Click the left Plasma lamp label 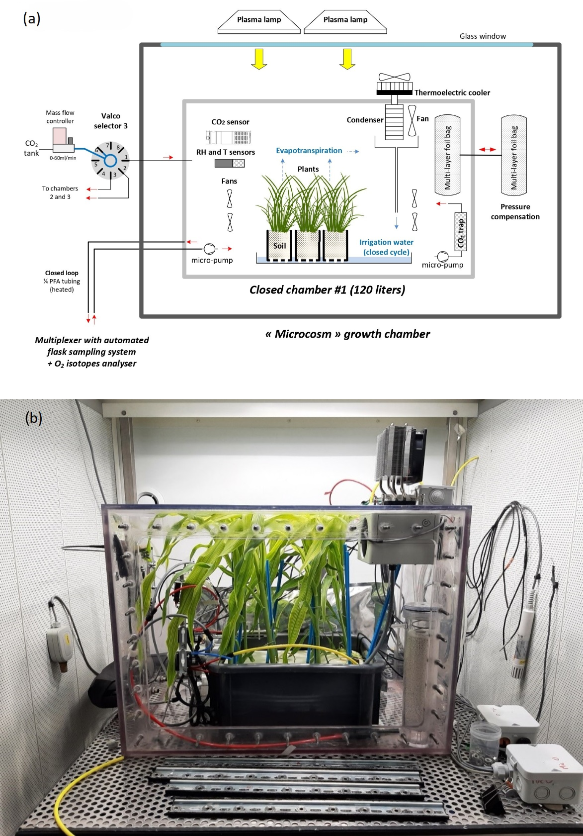coord(259,19)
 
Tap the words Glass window coord(483,36)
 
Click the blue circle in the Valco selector coord(110,161)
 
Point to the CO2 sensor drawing coord(228,137)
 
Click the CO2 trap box coord(461,232)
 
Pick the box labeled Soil coord(279,246)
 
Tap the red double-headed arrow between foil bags coord(488,149)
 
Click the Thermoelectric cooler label coord(452,93)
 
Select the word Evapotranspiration coord(309,150)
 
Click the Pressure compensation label coord(515,212)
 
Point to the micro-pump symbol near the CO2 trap coord(443,257)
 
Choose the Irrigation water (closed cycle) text coord(386,247)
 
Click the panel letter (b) coord(34,418)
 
